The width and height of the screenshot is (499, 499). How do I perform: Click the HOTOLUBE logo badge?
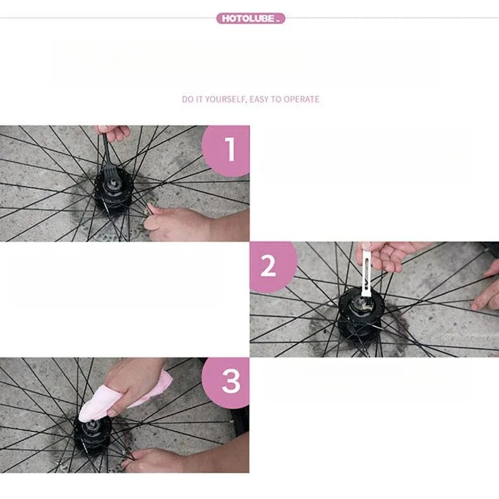[x=251, y=18]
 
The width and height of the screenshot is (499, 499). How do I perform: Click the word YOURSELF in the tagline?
[x=225, y=99]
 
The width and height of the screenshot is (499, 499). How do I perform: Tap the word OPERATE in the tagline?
[x=301, y=99]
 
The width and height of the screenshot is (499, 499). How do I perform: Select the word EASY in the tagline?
[x=260, y=99]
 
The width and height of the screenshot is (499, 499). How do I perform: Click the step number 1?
[x=230, y=149]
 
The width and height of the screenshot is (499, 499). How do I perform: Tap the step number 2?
[x=268, y=266]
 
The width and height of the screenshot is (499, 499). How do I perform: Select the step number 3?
[x=231, y=382]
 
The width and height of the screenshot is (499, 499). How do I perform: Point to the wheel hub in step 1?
[x=112, y=195]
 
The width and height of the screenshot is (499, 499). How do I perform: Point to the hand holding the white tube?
[x=392, y=255]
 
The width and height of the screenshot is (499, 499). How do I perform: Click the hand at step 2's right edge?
[x=486, y=286]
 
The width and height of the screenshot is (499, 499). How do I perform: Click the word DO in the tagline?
[x=188, y=99]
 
